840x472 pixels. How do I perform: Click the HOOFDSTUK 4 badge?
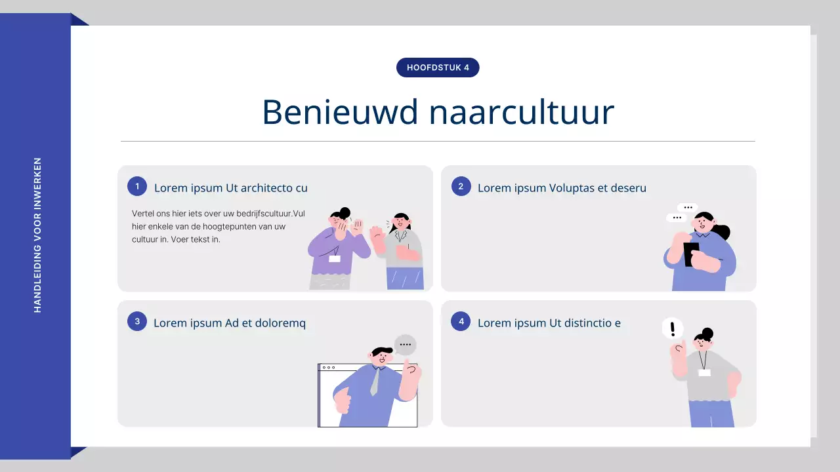tap(438, 68)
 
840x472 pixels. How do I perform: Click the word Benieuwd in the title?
tap(340, 112)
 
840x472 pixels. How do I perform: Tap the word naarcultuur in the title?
tap(522, 112)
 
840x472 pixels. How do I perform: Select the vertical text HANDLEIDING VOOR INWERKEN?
tap(37, 235)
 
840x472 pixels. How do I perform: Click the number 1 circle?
tap(137, 186)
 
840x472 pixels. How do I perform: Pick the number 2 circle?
tap(461, 186)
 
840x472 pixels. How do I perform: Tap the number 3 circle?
tap(137, 321)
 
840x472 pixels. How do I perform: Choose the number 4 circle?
tap(461, 321)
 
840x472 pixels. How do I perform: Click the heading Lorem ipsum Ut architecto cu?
tap(231, 188)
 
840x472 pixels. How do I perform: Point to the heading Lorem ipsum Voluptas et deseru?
tap(562, 188)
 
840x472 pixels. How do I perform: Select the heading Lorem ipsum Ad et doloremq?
tap(230, 323)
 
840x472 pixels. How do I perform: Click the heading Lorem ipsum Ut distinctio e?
tap(549, 323)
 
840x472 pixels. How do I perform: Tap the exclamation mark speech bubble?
tap(672, 328)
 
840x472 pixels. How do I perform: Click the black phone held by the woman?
tap(690, 254)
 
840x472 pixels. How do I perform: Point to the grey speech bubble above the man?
tap(405, 344)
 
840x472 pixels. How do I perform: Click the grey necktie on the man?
tap(375, 382)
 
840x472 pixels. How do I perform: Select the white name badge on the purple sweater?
tap(335, 258)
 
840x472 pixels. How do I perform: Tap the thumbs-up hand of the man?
tap(342, 401)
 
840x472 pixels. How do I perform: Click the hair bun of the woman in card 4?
tap(707, 332)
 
